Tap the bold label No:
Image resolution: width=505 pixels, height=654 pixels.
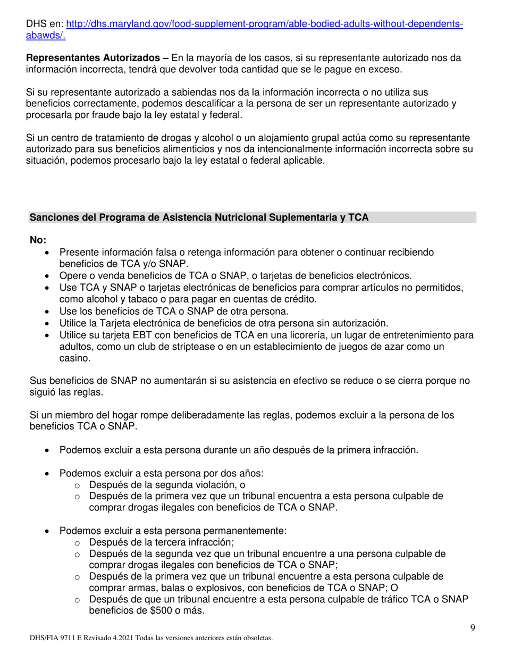click(38, 240)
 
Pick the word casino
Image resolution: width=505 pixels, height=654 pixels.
click(74, 358)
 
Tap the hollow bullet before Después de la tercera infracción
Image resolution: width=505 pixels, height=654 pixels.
click(78, 543)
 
